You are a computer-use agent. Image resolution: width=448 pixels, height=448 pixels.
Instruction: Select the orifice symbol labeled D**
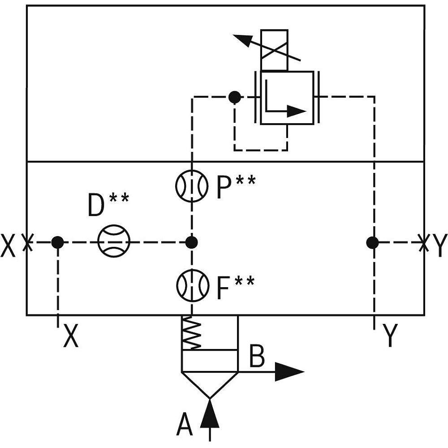[x=114, y=242]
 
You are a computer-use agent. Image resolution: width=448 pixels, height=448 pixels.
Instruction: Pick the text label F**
[x=235, y=288]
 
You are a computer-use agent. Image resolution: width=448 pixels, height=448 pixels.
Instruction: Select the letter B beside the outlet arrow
[x=257, y=356]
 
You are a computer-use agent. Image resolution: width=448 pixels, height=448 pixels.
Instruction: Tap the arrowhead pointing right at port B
[x=289, y=371]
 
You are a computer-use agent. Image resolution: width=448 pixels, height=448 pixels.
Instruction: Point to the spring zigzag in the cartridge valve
[x=193, y=333]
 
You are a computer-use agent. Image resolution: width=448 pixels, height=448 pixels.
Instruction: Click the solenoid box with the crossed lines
[x=274, y=50]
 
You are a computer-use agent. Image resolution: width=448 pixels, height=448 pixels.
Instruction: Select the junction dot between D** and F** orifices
[x=192, y=242]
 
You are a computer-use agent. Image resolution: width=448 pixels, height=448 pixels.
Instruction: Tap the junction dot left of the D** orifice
[x=57, y=242]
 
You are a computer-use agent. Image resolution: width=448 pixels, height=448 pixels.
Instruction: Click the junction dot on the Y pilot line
[x=372, y=242]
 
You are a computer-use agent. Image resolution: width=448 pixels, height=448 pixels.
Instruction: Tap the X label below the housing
[x=71, y=336]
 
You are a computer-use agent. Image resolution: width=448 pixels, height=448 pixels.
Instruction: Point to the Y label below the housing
[x=391, y=336]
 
